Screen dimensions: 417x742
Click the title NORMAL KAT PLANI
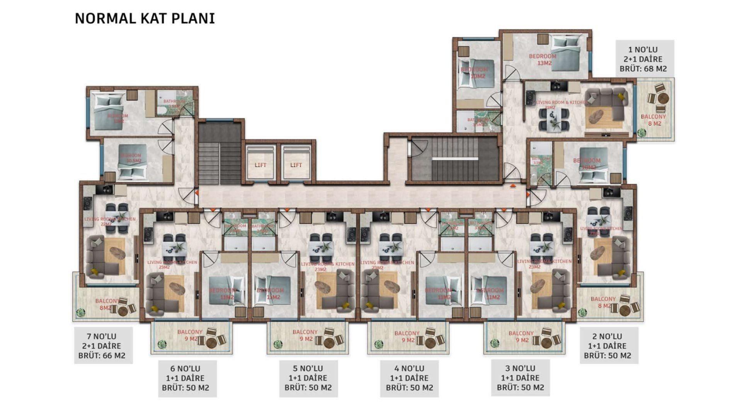[145, 19]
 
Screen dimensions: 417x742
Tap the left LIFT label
[260, 165]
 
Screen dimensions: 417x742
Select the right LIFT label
[296, 165]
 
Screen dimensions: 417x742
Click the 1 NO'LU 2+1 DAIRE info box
[645, 59]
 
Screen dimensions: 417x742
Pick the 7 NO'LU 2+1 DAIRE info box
[103, 346]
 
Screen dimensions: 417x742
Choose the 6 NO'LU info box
[187, 378]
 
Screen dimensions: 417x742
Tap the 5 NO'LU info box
[308, 378]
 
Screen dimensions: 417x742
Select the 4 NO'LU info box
[409, 378]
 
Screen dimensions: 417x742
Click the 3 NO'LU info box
[520, 378]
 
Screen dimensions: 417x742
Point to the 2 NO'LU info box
[609, 346]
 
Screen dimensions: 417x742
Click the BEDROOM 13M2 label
[543, 59]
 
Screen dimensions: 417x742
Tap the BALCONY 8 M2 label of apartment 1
[654, 120]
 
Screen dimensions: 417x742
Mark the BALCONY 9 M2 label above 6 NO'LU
[190, 335]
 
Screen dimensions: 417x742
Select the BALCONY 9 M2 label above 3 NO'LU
[521, 336]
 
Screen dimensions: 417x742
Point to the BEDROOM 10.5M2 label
[131, 158]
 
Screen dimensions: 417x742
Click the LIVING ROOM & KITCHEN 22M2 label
[110, 221]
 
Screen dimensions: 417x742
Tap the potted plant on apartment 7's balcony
[80, 312]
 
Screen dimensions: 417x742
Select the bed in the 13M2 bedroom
[565, 53]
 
